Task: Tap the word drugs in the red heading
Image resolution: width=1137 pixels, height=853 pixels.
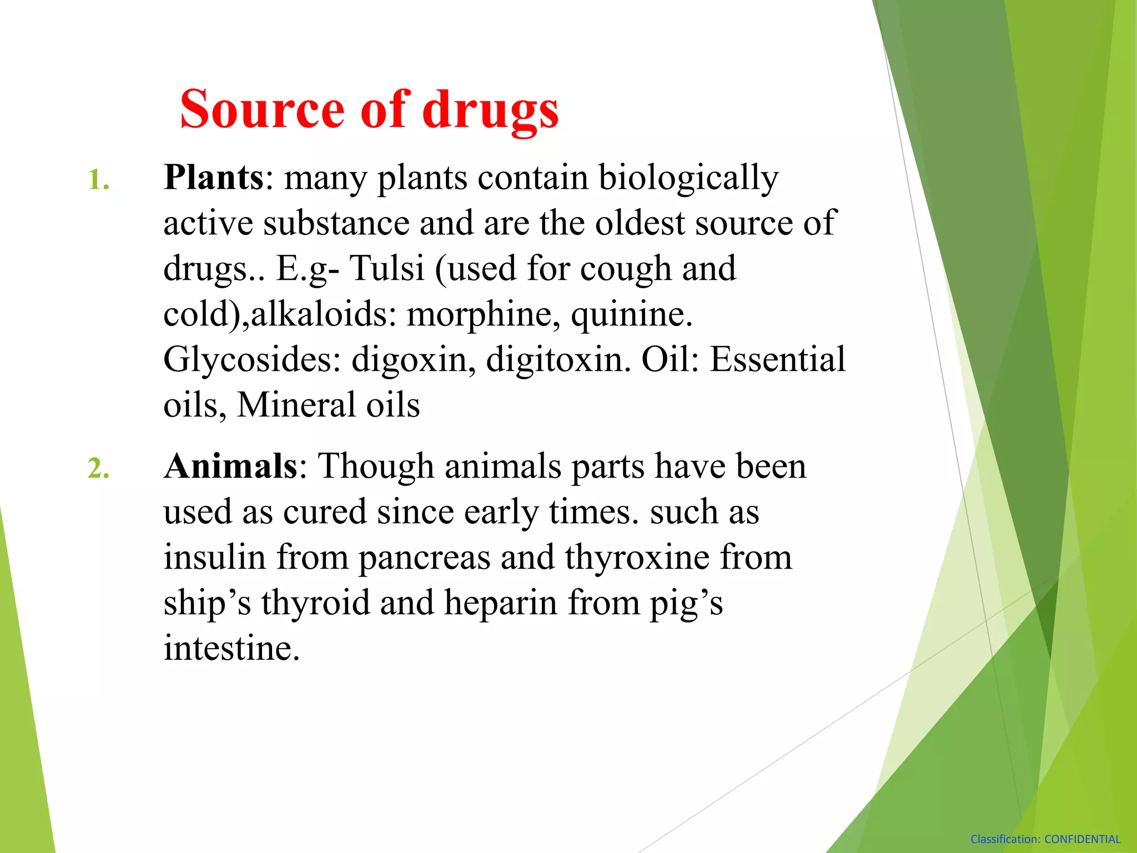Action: [490, 110]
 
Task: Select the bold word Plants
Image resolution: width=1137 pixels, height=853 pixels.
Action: [214, 178]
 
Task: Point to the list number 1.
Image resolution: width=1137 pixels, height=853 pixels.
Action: [98, 180]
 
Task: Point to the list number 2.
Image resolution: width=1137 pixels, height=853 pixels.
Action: [98, 468]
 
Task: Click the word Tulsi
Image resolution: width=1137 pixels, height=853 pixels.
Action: [386, 269]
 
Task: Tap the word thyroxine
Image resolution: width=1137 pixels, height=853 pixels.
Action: [637, 558]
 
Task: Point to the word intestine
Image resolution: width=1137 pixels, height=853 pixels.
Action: [232, 648]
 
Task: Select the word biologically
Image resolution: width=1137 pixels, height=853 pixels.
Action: [688, 179]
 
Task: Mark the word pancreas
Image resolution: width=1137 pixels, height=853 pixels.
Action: [424, 558]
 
